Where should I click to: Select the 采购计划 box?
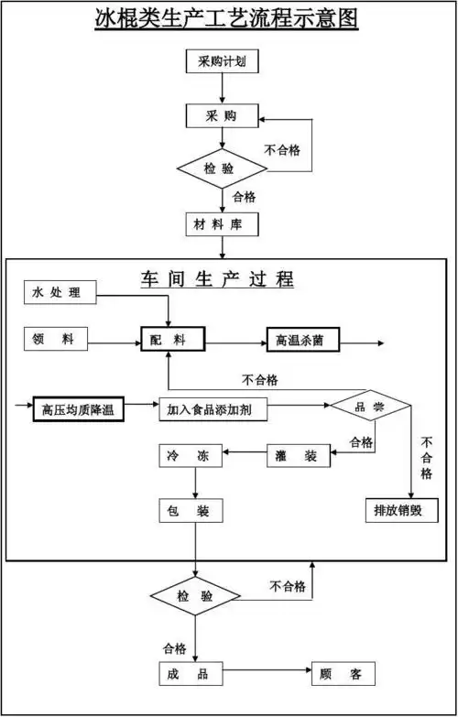(x=221, y=62)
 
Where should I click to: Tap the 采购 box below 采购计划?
(x=221, y=116)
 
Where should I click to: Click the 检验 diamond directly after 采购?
(x=221, y=168)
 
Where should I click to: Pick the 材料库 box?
(x=221, y=224)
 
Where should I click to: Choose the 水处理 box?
(x=60, y=293)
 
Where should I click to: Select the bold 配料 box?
(x=171, y=340)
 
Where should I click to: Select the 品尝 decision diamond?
(x=370, y=406)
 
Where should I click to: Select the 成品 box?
(x=190, y=674)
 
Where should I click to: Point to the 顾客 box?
(x=343, y=675)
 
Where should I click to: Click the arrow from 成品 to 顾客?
(x=266, y=675)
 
